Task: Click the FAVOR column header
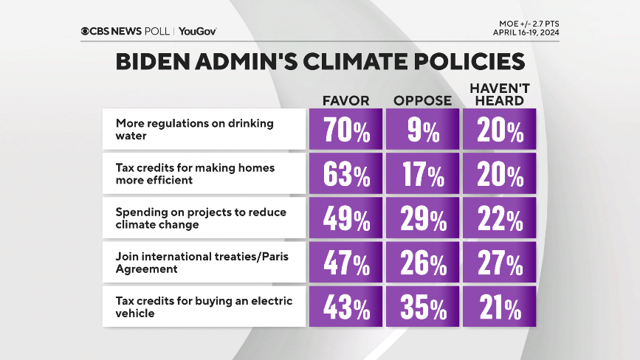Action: (x=345, y=100)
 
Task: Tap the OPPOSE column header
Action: (x=422, y=100)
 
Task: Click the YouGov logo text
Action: (x=197, y=31)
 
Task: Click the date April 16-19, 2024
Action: (x=526, y=32)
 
